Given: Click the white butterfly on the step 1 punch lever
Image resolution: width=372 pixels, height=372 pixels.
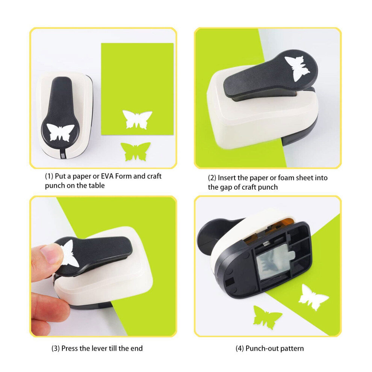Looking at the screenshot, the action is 60,132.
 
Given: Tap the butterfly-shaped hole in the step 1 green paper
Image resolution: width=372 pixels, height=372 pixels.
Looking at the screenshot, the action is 137,120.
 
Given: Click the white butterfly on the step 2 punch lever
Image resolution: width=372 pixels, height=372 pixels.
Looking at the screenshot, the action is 298,68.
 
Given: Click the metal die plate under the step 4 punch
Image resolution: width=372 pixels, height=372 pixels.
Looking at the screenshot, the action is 275,264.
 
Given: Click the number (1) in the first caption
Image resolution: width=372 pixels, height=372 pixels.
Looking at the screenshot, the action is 49,176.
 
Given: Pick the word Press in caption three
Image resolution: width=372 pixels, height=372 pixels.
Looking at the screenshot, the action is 70,348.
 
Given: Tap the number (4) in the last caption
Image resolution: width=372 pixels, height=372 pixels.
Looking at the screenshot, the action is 240,348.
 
